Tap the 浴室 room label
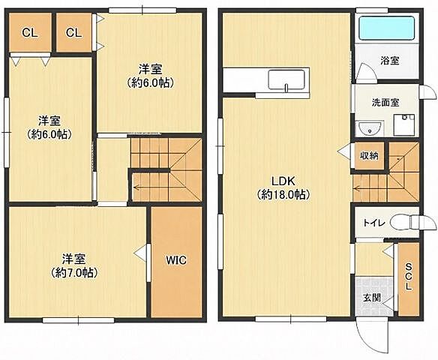coord(390,61)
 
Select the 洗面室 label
coord(385,103)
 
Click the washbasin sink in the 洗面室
coord(370,128)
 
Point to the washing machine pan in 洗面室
coord(404,125)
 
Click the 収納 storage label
coord(369,155)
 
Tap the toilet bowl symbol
coord(402,222)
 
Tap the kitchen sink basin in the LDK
coord(286,79)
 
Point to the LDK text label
coord(283,181)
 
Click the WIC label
coord(176,260)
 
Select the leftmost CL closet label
coord(30,33)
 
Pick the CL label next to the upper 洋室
coord(74,33)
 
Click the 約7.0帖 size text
coord(74,272)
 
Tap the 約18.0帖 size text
coord(283,194)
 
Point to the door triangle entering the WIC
coord(139,253)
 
